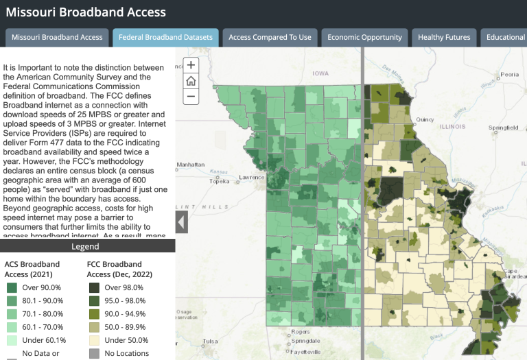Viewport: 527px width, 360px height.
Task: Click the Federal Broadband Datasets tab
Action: pyautogui.click(x=165, y=37)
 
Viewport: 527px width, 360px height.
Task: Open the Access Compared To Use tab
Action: pyautogui.click(x=270, y=37)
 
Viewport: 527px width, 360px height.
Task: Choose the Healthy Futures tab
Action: pyautogui.click(x=444, y=37)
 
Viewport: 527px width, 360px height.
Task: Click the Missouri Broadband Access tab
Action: pyautogui.click(x=57, y=37)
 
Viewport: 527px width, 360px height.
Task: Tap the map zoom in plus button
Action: pyautogui.click(x=191, y=65)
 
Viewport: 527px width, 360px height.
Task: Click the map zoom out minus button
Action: pyautogui.click(x=191, y=97)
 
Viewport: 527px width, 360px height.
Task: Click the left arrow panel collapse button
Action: pyautogui.click(x=182, y=222)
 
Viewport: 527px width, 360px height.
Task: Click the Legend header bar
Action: pyautogui.click(x=88, y=246)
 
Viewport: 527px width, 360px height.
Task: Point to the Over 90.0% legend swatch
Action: pyautogui.click(x=12, y=288)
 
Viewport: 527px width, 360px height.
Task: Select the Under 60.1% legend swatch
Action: pyautogui.click(x=12, y=339)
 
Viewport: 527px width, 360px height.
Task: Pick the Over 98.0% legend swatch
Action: pyautogui.click(x=95, y=288)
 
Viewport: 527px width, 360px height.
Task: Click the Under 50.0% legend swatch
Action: pyautogui.click(x=95, y=339)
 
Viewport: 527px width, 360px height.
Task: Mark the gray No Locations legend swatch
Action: pyautogui.click(x=95, y=354)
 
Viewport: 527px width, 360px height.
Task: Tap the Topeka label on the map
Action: pyautogui.click(x=219, y=182)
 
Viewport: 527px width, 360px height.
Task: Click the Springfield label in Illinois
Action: pyautogui.click(x=504, y=128)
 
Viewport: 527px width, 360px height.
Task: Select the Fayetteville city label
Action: pyautogui.click(x=305, y=352)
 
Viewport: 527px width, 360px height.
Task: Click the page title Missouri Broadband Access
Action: pyautogui.click(x=86, y=12)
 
